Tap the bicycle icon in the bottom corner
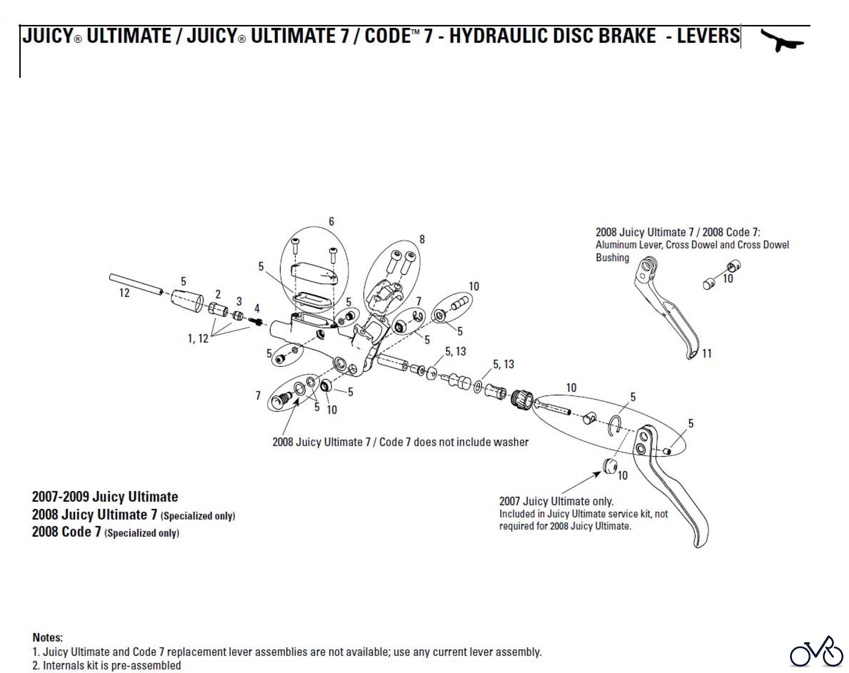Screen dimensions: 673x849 point(816,652)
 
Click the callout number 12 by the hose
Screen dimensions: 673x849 point(124,293)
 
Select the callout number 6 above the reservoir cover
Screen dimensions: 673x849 point(331,221)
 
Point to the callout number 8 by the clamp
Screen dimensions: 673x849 point(422,240)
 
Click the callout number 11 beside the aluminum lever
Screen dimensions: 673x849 point(707,353)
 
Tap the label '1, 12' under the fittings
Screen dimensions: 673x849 point(198,339)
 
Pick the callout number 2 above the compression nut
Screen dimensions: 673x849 point(218,295)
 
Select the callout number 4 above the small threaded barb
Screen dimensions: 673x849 point(257,308)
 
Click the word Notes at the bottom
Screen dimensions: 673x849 point(48,638)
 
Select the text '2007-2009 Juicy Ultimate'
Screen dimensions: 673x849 point(105,497)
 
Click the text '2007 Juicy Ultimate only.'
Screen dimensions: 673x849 point(556,501)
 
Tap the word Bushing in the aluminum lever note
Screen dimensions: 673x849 point(612,258)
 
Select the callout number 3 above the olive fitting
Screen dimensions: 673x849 point(239,301)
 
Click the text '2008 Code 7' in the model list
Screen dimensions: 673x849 point(67,532)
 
